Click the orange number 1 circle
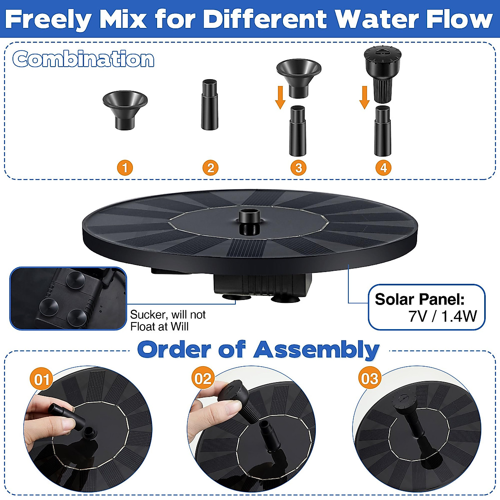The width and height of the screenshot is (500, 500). (x=125, y=168)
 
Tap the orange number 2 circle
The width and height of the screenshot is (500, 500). (x=210, y=168)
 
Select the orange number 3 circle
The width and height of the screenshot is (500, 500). (x=298, y=168)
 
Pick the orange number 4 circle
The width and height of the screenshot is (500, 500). (x=383, y=168)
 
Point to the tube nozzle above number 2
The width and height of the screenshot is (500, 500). (x=210, y=104)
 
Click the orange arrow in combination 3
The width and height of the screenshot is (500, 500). (x=280, y=97)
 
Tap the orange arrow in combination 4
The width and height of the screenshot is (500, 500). (x=365, y=97)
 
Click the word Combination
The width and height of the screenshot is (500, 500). (x=83, y=59)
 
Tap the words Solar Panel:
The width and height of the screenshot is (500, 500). (x=420, y=299)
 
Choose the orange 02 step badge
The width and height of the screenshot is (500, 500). (x=203, y=379)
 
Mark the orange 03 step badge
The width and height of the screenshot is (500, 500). (x=370, y=379)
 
